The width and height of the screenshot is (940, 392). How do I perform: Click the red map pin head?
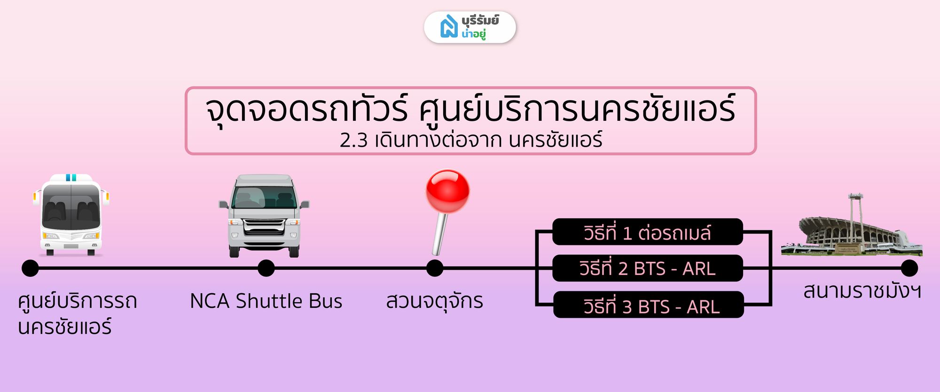pyautogui.click(x=447, y=191)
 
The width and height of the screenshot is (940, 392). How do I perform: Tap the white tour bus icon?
pyautogui.click(x=71, y=215)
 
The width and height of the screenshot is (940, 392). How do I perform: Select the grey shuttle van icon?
pyautogui.click(x=264, y=216)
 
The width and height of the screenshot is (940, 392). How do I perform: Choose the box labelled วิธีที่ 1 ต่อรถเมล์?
pyautogui.click(x=648, y=232)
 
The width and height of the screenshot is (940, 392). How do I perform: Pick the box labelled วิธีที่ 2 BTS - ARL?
pyautogui.click(x=648, y=268)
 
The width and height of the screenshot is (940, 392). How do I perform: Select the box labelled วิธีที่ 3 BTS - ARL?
pyautogui.click(x=649, y=305)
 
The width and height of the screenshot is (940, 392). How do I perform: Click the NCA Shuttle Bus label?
pyautogui.click(x=266, y=301)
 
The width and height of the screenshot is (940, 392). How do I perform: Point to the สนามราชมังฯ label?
pyautogui.click(x=862, y=291)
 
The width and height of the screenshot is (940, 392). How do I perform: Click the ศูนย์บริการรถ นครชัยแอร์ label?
pyautogui.click(x=78, y=314)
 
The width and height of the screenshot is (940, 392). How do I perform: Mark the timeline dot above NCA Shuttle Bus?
pyautogui.click(x=266, y=268)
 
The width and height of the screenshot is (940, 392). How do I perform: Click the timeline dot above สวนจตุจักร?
pyautogui.click(x=435, y=268)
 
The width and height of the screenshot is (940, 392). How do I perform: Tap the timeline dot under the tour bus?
pyautogui.click(x=30, y=268)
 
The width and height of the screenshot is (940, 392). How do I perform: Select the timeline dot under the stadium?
pyautogui.click(x=909, y=268)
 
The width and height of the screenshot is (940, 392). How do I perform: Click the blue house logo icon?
pyautogui.click(x=449, y=26)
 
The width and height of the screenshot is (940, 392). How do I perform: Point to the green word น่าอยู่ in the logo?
pyautogui.click(x=473, y=33)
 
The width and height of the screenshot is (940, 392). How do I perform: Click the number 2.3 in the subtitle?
pyautogui.click(x=353, y=140)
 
